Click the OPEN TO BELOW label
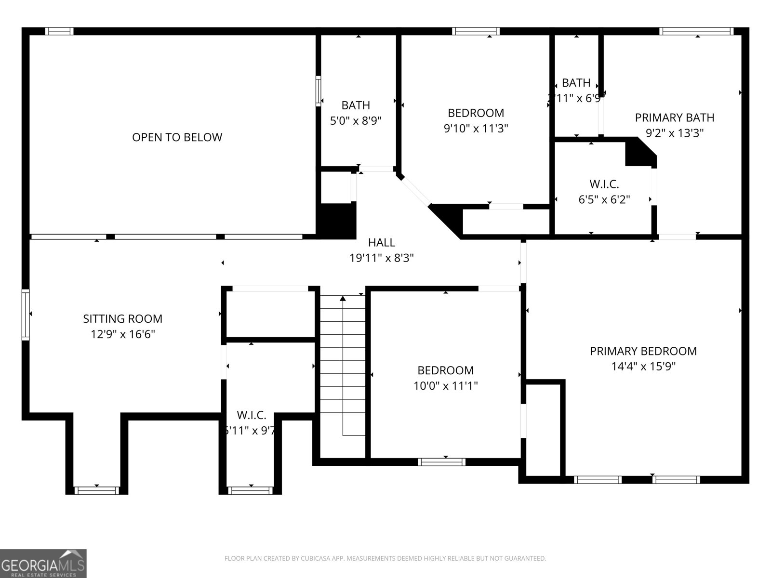point(177,137)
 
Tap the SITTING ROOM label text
point(123,318)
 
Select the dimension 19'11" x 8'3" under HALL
point(382,258)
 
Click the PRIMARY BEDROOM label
point(643,351)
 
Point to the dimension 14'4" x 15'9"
point(643,367)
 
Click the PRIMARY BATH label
point(674,118)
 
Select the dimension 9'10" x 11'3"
point(476,129)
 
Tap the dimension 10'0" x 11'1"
point(445,386)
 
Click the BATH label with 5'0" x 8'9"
point(356,105)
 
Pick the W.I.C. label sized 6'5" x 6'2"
point(604,184)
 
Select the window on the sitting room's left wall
point(26,315)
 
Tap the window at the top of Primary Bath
point(696,31)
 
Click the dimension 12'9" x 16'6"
point(123,334)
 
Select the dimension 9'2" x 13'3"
point(674,133)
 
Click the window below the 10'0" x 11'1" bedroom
point(442,462)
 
